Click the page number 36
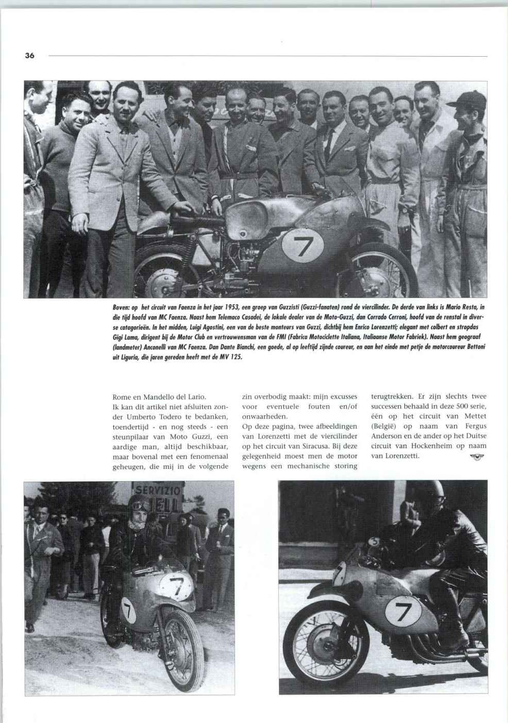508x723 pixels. pyautogui.click(x=29, y=55)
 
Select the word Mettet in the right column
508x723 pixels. pyautogui.click(x=475, y=417)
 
